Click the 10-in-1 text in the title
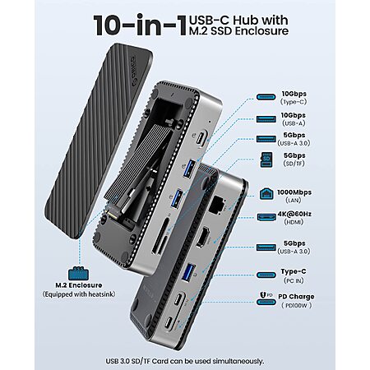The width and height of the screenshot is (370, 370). [x=140, y=25]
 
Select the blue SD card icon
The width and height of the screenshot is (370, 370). [x=266, y=160]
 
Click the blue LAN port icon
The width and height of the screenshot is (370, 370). [x=266, y=194]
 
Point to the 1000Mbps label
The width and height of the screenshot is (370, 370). [x=294, y=192]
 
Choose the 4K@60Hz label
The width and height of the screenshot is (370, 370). [x=294, y=214]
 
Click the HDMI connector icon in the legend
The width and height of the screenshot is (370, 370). [x=266, y=217]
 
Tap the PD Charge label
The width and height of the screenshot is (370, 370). [x=296, y=297]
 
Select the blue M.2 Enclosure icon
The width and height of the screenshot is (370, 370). [x=78, y=273]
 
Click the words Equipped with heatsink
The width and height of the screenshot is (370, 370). [x=79, y=294]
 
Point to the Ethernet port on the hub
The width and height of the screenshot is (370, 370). [x=216, y=204]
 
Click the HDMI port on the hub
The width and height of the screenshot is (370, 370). [x=202, y=236]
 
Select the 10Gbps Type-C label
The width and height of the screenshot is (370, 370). [x=294, y=98]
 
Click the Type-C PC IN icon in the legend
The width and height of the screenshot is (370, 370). [x=266, y=275]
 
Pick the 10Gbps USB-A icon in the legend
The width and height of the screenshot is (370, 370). [x=266, y=119]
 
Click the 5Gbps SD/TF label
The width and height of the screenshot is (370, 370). [x=294, y=160]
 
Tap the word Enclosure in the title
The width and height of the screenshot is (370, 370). [x=261, y=31]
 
